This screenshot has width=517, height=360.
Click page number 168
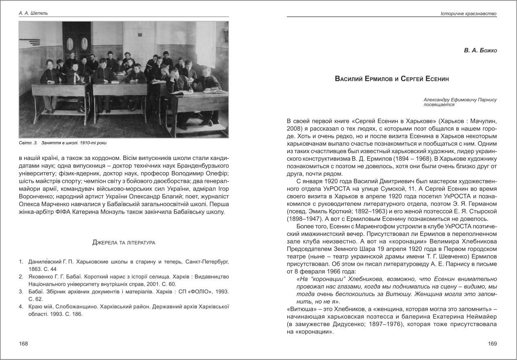(24, 344)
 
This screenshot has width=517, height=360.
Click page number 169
(492, 344)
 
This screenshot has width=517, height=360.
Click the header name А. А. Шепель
(33, 13)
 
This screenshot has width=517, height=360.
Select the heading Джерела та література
(124, 242)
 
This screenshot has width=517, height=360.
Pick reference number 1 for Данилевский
(21, 260)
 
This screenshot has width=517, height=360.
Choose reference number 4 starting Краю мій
(21, 306)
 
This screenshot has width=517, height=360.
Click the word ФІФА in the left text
(69, 212)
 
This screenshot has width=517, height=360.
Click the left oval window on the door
(70, 43)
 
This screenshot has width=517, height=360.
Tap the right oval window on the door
(84, 43)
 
